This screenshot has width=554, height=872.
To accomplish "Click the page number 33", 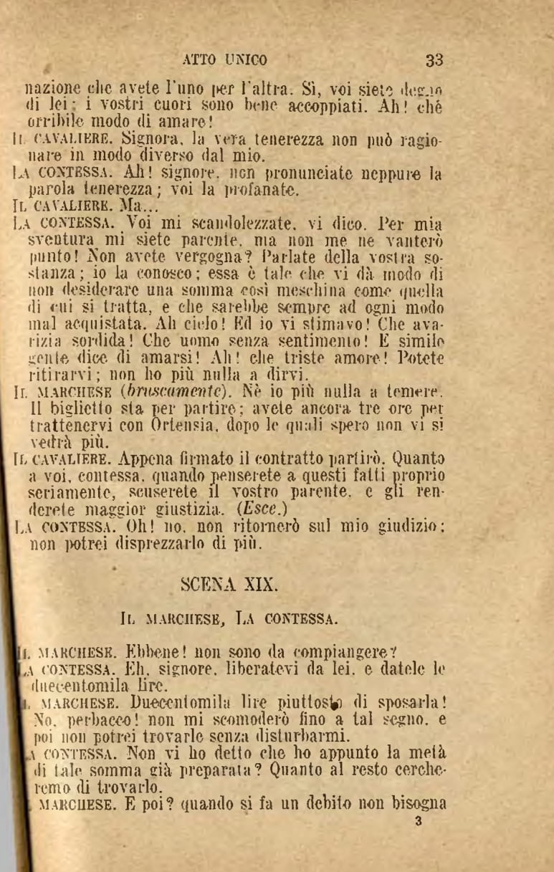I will tap(434, 59).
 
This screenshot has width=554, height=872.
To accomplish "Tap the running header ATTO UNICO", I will tap(225, 59).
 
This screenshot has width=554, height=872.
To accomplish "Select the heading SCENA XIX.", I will tap(229, 583).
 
